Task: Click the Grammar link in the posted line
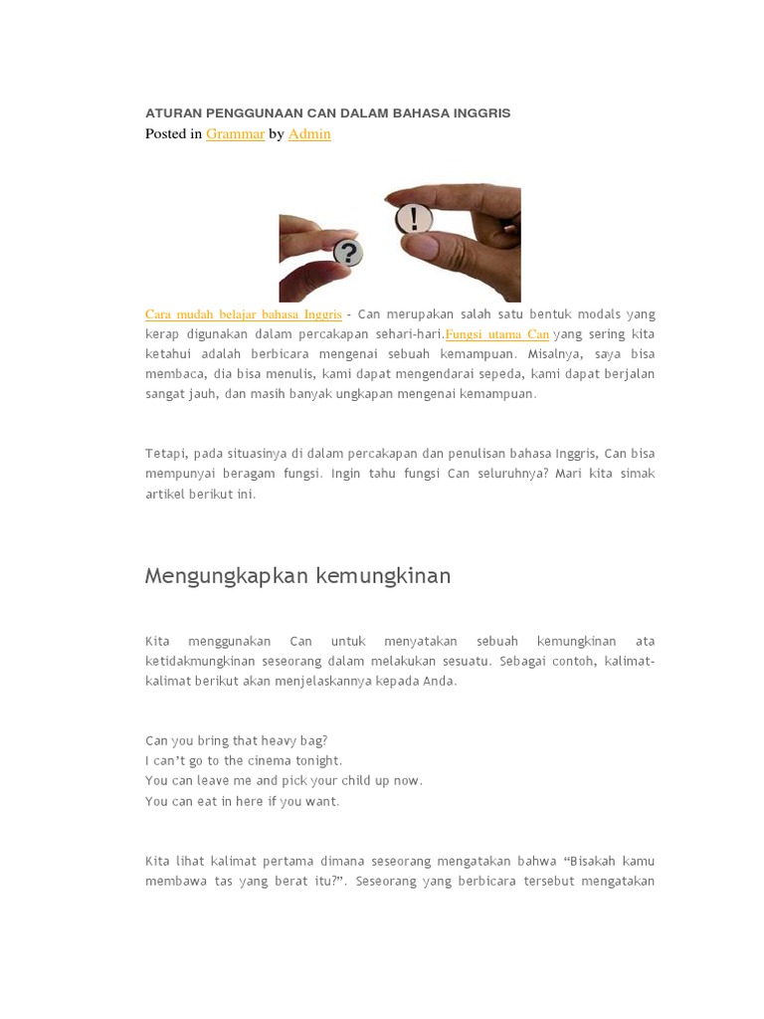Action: pos(235,133)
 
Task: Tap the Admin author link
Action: pos(309,133)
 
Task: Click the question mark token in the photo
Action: pos(346,252)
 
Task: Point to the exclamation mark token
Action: pos(413,219)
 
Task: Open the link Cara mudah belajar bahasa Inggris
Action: pos(243,314)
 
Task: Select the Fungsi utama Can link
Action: pos(497,334)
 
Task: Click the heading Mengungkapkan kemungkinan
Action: pos(297,575)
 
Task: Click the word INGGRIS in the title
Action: pos(481,113)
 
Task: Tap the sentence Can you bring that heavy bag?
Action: pos(236,740)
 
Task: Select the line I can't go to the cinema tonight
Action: pos(243,760)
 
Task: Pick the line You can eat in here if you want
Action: pos(242,801)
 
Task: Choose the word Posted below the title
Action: pos(164,133)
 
